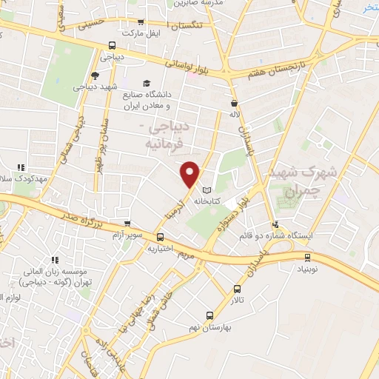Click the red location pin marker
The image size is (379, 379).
tap(190, 173)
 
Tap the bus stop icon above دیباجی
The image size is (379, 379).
tap(111, 44)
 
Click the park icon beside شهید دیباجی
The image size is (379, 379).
tap(94, 75)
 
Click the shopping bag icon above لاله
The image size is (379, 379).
tap(234, 104)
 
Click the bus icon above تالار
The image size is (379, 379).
tap(237, 289)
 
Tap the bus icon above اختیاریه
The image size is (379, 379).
tap(161, 237)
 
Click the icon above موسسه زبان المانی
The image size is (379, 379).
tap(55, 260)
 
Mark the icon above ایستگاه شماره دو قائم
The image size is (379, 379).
tap(275, 224)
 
